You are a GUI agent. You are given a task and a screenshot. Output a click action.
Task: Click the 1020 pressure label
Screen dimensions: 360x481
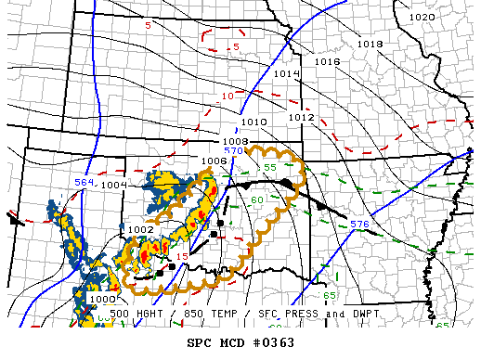(x=422, y=18)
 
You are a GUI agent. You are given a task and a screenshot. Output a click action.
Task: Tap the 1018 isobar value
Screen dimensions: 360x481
(x=370, y=44)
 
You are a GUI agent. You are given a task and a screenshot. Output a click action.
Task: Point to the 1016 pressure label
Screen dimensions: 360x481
(x=327, y=61)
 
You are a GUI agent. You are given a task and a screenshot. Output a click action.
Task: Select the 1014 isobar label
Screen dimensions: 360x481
(x=286, y=73)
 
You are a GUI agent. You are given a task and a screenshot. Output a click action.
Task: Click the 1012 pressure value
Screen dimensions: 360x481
(x=301, y=118)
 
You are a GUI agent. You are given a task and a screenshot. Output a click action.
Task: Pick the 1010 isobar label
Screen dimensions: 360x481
(x=254, y=122)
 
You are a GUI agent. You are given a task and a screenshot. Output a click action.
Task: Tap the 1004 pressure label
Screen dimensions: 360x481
(x=115, y=185)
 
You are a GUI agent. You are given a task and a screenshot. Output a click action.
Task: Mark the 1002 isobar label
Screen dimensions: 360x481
(x=141, y=229)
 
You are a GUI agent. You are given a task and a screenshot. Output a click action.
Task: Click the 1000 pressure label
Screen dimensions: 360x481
(x=104, y=299)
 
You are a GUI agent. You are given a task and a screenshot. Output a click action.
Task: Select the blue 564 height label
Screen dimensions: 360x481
(x=84, y=183)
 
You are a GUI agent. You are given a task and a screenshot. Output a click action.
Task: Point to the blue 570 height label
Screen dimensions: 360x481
(x=233, y=150)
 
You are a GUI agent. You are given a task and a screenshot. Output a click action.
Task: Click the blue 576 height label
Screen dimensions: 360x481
(x=359, y=225)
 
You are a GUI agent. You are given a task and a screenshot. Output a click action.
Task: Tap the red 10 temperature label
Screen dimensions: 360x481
(x=226, y=96)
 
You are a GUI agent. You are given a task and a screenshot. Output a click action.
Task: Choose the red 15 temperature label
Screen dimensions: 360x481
(x=183, y=256)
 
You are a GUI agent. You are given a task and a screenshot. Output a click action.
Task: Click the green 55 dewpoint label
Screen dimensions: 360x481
(x=270, y=166)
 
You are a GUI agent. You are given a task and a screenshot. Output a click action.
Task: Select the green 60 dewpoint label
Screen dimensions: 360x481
(x=257, y=199)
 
